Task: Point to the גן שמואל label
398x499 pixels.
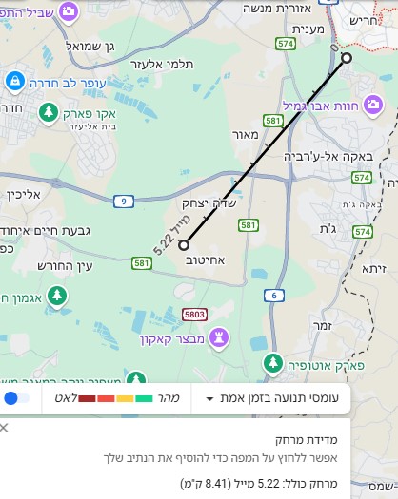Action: [90, 45]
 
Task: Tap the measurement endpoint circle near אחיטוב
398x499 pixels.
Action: [184, 245]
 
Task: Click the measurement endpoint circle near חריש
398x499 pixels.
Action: [347, 58]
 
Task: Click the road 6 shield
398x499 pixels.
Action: [275, 296]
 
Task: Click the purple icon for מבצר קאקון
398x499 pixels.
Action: [219, 336]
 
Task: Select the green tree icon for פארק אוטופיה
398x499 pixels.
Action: [273, 362]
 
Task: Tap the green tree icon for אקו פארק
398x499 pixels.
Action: [48, 114]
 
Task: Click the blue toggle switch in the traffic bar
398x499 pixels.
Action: [15, 398]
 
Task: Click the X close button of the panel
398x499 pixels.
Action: [4, 428]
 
